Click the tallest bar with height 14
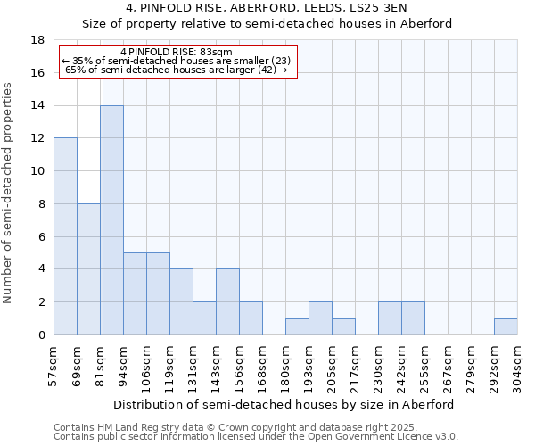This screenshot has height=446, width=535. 111,220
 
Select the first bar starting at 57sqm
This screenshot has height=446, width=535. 65,236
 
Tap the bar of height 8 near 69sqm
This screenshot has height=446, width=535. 88,269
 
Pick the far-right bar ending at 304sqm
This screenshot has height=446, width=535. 506,326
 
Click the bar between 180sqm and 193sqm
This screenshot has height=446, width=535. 297,326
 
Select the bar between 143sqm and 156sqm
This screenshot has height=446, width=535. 227,301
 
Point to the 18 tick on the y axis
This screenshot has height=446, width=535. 38,40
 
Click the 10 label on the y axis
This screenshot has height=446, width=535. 38,171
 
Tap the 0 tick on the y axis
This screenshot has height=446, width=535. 41,335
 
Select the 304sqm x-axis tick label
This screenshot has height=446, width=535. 517,367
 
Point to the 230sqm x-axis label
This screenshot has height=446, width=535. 378,367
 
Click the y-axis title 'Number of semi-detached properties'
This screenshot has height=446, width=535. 9,194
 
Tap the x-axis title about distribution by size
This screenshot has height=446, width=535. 284,404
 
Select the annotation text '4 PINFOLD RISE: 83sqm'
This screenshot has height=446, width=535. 176,53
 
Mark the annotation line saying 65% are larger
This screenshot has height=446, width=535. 176,70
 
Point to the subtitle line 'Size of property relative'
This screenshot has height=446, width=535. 267,24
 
